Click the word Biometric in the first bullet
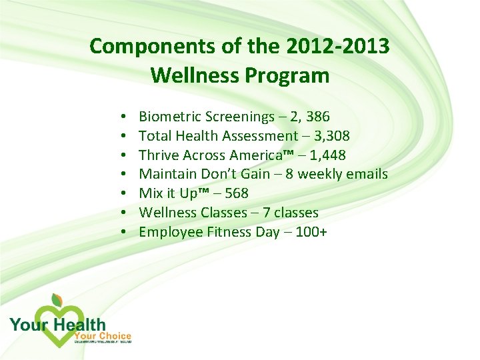point(168,117)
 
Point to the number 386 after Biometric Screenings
point(317,117)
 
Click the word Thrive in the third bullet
point(157,155)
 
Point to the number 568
point(237,193)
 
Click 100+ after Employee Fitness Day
point(310,232)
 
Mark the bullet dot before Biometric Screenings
point(125,118)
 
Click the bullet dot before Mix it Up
point(125,194)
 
